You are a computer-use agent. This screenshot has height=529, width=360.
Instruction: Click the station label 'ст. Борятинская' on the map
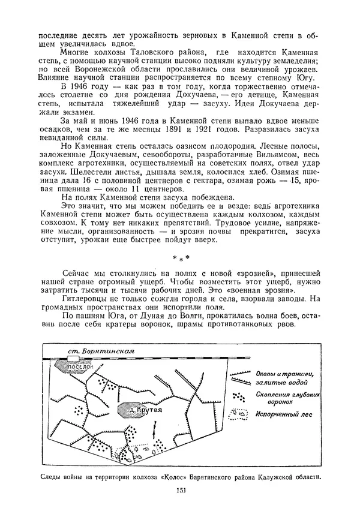(x=98, y=351)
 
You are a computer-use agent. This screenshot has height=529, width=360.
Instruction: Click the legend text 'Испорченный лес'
(x=283, y=414)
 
